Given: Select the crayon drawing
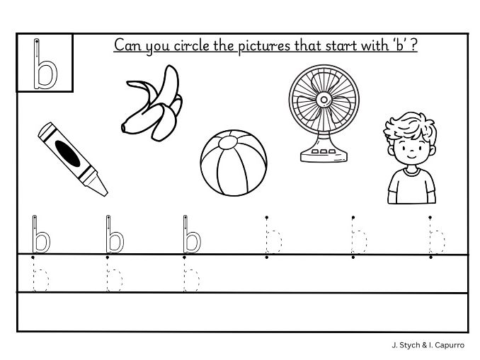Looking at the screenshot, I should (x=72, y=157).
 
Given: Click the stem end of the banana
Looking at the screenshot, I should (x=124, y=127).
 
